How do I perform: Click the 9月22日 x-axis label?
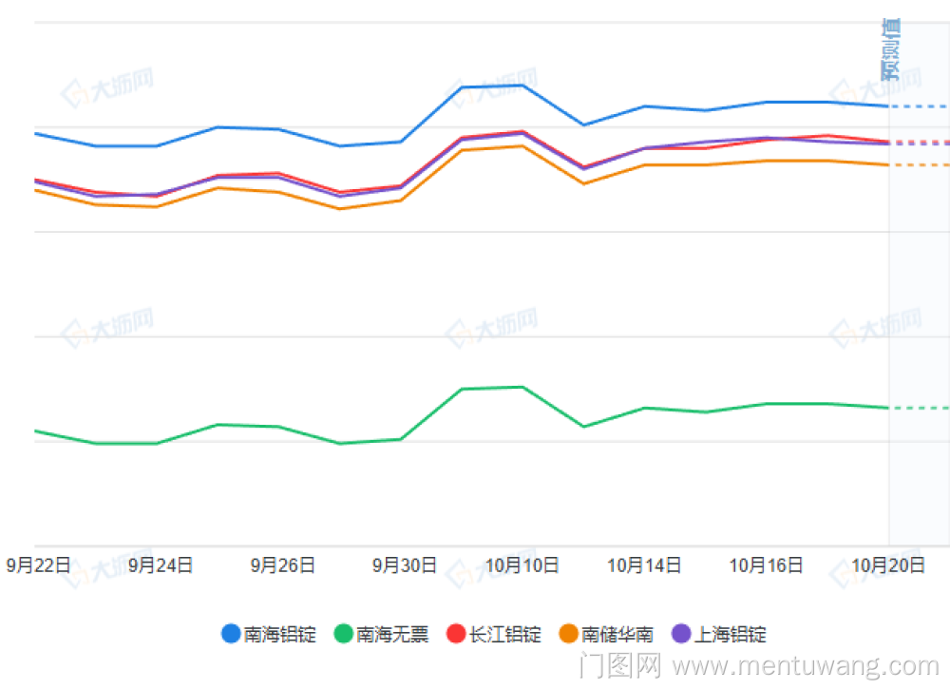39,565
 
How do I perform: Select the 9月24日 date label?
161,565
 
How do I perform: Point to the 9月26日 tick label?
282,565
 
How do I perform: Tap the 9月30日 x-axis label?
404,565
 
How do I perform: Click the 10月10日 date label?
522,565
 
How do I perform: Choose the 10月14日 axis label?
644,565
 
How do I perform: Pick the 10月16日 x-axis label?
766,565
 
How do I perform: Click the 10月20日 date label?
887,565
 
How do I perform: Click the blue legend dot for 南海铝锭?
231,634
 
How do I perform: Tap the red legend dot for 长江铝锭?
456,634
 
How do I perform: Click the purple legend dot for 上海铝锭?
681,634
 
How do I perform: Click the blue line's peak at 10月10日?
522,86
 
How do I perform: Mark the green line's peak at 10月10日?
522,387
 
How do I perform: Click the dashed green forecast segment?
919,408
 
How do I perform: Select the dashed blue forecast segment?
919,106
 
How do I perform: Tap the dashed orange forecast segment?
919,165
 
